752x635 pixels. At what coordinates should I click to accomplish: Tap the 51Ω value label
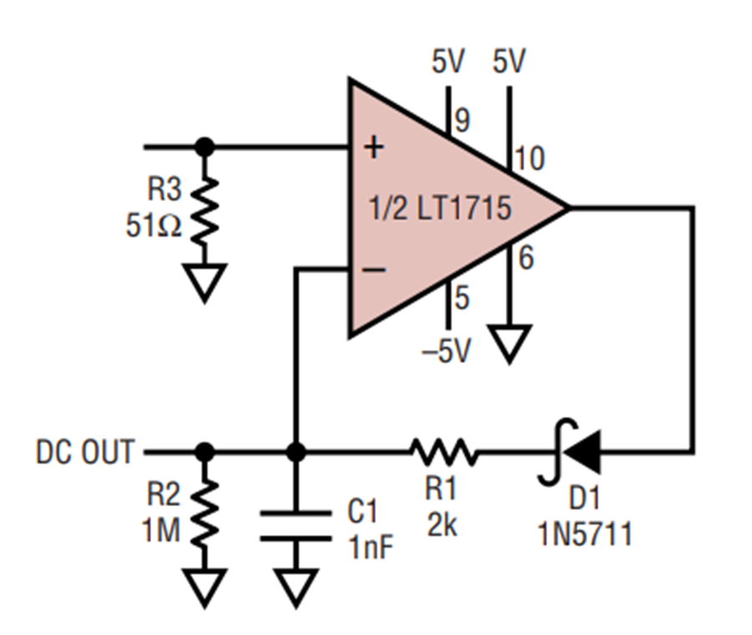pyautogui.click(x=154, y=226)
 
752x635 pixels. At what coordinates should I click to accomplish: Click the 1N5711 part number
pyautogui.click(x=585, y=533)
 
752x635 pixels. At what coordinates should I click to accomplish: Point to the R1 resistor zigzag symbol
pyautogui.click(x=445, y=452)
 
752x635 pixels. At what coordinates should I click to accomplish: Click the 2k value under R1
pyautogui.click(x=442, y=526)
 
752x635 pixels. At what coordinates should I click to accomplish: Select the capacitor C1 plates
pyautogui.click(x=296, y=526)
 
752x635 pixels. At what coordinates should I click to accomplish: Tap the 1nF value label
pyautogui.click(x=371, y=546)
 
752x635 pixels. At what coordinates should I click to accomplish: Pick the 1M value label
pyautogui.click(x=161, y=530)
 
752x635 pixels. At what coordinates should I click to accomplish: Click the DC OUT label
pyautogui.click(x=85, y=452)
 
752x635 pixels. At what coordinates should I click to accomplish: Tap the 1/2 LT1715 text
pyautogui.click(x=440, y=208)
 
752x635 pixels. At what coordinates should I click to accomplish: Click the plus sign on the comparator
pyautogui.click(x=374, y=147)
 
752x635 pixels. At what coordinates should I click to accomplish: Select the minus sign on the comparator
pyautogui.click(x=374, y=270)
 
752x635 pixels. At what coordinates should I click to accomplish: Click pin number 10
pyautogui.click(x=530, y=158)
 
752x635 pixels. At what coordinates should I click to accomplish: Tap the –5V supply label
pyautogui.click(x=446, y=351)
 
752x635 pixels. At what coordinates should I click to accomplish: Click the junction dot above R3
pyautogui.click(x=205, y=147)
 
